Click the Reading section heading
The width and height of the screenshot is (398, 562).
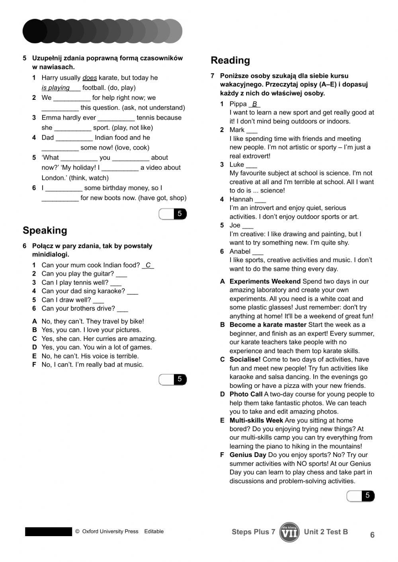click(x=230, y=60)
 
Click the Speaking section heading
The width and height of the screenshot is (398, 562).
click(x=45, y=230)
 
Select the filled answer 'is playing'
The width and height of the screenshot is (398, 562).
click(x=56, y=88)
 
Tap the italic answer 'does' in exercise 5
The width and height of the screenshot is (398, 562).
click(x=90, y=78)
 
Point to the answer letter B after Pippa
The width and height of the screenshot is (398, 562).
click(x=254, y=104)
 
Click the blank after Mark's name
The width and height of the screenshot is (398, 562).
click(x=252, y=130)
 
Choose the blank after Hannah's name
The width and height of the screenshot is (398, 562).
click(x=260, y=200)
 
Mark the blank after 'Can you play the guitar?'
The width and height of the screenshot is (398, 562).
click(x=121, y=274)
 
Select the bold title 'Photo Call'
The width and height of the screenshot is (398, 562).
click(x=246, y=395)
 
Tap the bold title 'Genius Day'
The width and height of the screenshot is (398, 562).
click(x=248, y=455)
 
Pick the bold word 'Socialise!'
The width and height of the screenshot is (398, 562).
click(x=245, y=360)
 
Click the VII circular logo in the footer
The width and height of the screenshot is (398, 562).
click(x=289, y=532)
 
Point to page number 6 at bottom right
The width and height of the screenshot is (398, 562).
click(x=372, y=535)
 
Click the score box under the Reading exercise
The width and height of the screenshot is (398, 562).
click(x=361, y=496)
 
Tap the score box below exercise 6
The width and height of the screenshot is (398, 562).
click(x=173, y=380)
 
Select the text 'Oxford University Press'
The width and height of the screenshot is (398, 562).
click(x=110, y=531)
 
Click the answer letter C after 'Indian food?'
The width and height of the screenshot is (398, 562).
click(x=148, y=265)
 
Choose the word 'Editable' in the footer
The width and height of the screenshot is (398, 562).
click(x=154, y=531)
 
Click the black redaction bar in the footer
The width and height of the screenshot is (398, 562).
click(x=49, y=532)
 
